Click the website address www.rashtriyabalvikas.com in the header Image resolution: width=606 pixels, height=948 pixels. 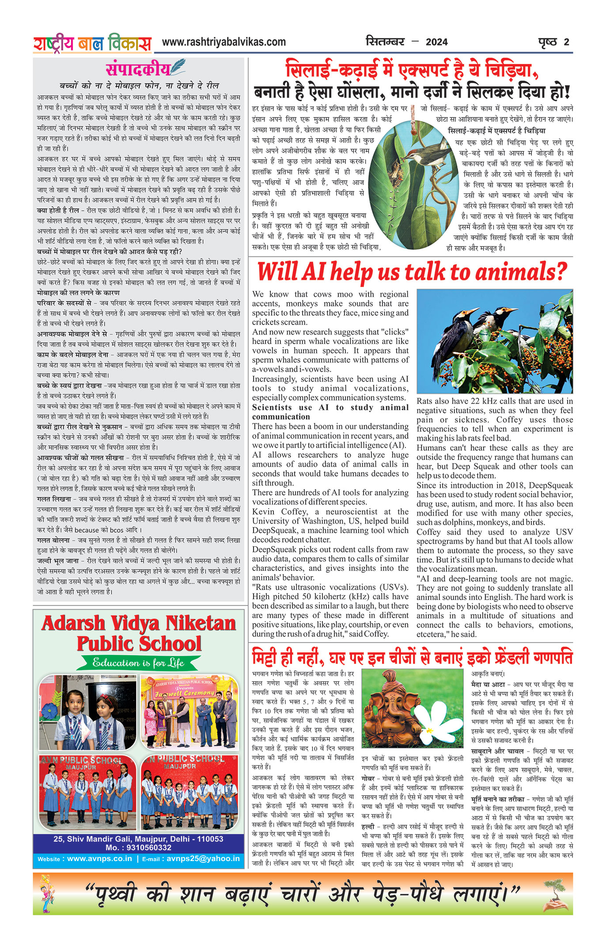coord(224,42)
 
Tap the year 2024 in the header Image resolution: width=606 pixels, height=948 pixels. coord(436,42)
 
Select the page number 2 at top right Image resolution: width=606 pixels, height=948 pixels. coord(566,42)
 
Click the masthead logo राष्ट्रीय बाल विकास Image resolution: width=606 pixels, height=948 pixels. coord(92,43)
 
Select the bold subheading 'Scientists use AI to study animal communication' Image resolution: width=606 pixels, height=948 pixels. coord(330,412)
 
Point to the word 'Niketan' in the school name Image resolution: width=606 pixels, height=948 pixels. coord(201,623)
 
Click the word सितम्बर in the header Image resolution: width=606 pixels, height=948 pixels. coord(385,42)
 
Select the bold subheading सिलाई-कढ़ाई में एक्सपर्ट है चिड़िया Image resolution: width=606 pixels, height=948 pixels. coord(496,131)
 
